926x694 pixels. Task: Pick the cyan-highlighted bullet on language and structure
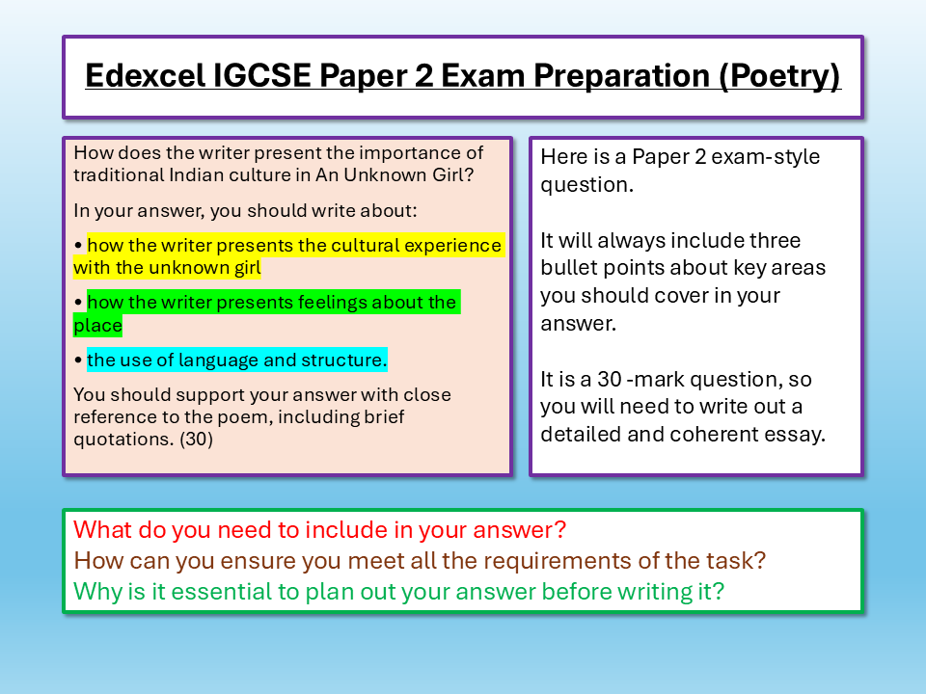(x=236, y=360)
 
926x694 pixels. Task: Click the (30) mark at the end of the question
(x=196, y=440)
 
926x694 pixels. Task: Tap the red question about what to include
(x=319, y=529)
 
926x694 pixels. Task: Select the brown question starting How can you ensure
(x=420, y=560)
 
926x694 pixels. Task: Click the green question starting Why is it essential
(x=398, y=591)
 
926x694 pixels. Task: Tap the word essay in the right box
(x=799, y=434)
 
